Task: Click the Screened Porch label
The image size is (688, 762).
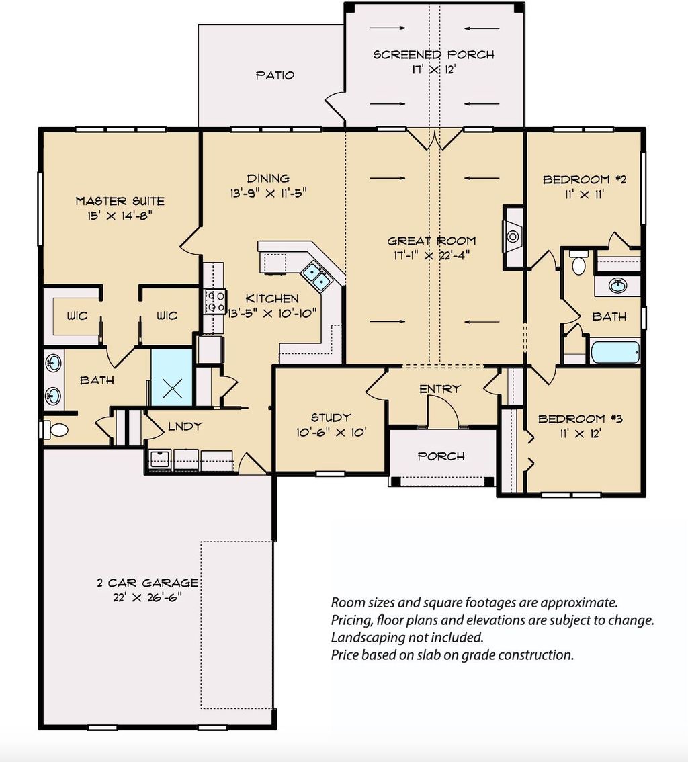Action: click(433, 54)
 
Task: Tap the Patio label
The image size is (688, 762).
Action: click(275, 75)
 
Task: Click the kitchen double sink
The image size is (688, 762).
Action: click(316, 276)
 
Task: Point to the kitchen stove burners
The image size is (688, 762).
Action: click(214, 301)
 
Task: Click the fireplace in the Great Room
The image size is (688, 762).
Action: click(513, 236)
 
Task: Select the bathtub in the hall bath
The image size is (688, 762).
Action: click(615, 352)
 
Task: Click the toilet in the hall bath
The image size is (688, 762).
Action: click(578, 263)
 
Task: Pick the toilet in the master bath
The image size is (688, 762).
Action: click(54, 429)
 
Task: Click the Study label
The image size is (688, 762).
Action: click(331, 417)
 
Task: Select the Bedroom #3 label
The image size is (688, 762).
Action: click(580, 419)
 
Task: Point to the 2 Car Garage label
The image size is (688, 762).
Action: click(147, 583)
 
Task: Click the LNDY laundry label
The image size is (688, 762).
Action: click(185, 426)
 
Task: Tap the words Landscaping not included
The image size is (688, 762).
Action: click(407, 637)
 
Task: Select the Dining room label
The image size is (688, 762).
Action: click(268, 178)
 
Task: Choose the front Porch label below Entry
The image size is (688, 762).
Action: click(441, 456)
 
